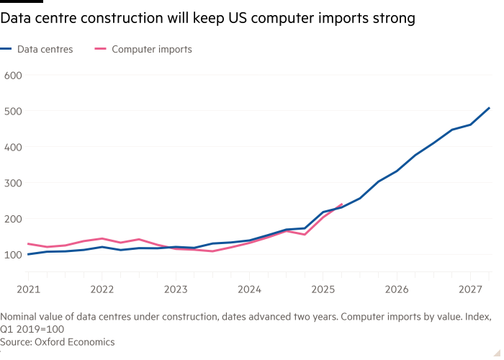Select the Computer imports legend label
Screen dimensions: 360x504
152,50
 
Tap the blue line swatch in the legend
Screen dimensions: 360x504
8,50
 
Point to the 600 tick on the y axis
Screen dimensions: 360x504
14,75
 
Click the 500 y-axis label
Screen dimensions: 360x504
14,111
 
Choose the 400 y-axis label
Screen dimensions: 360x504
14,147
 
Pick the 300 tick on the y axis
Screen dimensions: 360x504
14,183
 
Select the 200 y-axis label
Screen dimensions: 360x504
14,219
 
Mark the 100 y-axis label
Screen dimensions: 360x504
14,255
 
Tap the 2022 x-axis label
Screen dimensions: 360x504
102,289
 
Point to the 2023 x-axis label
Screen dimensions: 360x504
176,289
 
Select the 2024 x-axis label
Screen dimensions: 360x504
249,289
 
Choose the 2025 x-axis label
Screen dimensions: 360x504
323,289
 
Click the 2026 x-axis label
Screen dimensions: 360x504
396,289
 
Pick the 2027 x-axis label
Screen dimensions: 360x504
469,289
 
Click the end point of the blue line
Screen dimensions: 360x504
489,108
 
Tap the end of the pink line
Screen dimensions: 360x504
341,204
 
